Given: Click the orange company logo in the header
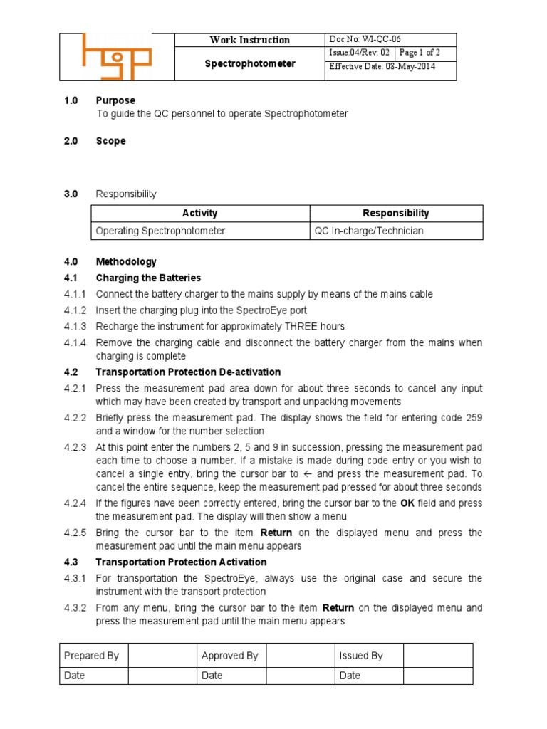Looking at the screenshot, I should (x=117, y=56).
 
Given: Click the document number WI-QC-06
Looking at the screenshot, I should (x=370, y=40).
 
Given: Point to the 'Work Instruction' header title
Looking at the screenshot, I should (x=249, y=40).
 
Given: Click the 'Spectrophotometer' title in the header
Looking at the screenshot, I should (x=249, y=64).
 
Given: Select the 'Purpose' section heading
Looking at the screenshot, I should (x=115, y=100).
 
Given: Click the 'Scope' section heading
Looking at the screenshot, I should (x=110, y=141).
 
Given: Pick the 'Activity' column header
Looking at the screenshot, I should (x=200, y=213).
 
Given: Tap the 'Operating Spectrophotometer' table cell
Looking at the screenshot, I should (x=160, y=231).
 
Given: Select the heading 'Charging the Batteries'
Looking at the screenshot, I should (x=148, y=278).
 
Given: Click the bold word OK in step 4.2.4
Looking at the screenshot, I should (x=407, y=503).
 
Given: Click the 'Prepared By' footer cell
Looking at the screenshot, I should (x=91, y=656).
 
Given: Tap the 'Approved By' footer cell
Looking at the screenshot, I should (x=229, y=656).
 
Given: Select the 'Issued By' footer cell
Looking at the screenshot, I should (x=361, y=656).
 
